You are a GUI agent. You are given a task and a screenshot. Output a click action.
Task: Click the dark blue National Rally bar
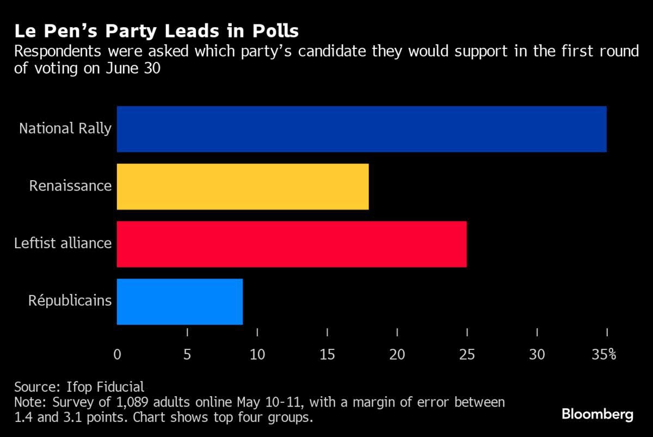point(361,129)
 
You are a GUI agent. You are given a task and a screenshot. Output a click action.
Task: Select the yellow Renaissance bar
point(243,187)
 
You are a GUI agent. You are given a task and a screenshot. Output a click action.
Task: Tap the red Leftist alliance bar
point(292,244)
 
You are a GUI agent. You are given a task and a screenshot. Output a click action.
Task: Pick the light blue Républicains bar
point(180,301)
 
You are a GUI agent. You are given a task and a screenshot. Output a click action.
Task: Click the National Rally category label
point(65,129)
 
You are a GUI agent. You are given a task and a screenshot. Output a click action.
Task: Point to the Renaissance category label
point(70,186)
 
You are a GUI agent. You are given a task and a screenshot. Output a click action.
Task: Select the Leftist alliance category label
point(63,243)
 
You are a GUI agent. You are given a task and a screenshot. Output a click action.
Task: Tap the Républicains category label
point(70,301)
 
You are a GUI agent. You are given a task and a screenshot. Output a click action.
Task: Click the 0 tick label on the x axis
point(117,355)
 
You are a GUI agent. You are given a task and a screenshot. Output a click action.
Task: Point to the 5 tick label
point(187,355)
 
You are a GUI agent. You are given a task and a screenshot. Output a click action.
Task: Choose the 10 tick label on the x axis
point(257,355)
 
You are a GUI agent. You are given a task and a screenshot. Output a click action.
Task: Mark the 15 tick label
point(327,355)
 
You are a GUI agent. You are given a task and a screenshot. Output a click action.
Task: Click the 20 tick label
point(397,355)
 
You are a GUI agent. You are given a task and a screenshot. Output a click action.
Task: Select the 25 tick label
point(467,355)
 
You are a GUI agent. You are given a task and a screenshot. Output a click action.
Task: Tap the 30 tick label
point(537,355)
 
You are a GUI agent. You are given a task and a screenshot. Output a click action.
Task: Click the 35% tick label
point(604,355)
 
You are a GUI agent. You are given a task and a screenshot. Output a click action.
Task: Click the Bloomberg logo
point(597,415)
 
